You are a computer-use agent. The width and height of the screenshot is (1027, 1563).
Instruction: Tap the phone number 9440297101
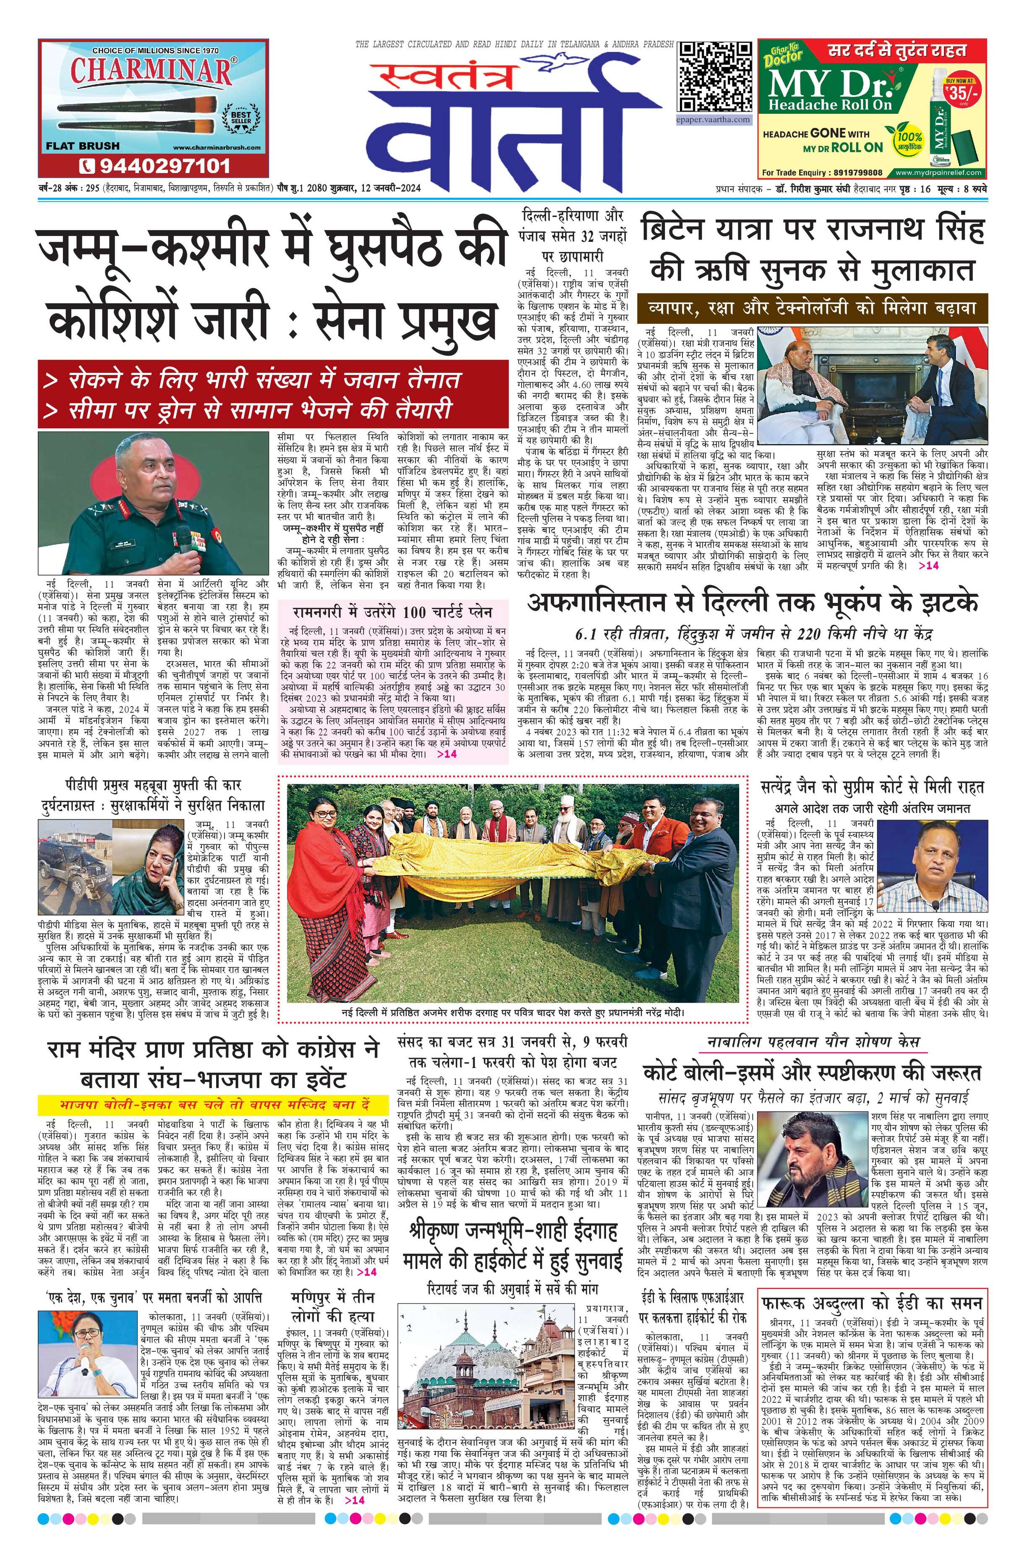[x=156, y=165]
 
